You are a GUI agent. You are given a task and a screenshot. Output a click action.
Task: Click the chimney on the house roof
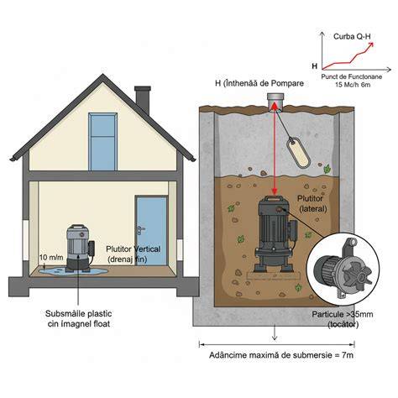(x=143, y=99)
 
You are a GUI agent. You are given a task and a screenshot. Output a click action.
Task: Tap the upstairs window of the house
(x=102, y=142)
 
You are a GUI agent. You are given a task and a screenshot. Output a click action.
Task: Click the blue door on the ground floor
(x=151, y=231)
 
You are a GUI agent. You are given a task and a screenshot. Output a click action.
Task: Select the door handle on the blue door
(x=140, y=230)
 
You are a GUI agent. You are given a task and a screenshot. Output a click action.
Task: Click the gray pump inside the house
(x=79, y=248)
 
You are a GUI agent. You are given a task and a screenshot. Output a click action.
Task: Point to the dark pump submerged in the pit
(x=275, y=234)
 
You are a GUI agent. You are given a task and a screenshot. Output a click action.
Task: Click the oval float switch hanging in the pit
(x=298, y=153)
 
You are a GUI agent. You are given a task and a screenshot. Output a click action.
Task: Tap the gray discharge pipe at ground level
(x=275, y=102)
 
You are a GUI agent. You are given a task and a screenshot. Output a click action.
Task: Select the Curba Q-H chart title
(x=350, y=36)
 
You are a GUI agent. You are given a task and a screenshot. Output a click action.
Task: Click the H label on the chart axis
(x=315, y=66)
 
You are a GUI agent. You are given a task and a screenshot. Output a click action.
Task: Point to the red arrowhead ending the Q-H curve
(x=371, y=45)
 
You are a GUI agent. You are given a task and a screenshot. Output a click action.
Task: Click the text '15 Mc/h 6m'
(x=353, y=85)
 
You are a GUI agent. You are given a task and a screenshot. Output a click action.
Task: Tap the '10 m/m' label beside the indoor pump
(x=51, y=257)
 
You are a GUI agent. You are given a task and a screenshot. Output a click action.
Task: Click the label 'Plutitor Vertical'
(x=134, y=249)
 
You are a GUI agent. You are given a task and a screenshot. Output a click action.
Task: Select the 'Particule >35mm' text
(x=343, y=314)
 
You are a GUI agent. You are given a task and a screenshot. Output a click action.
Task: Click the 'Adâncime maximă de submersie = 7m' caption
(x=281, y=355)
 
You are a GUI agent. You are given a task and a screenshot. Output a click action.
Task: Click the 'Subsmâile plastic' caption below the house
(x=78, y=313)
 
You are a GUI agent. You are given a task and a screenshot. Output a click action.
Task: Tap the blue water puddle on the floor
(x=73, y=271)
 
